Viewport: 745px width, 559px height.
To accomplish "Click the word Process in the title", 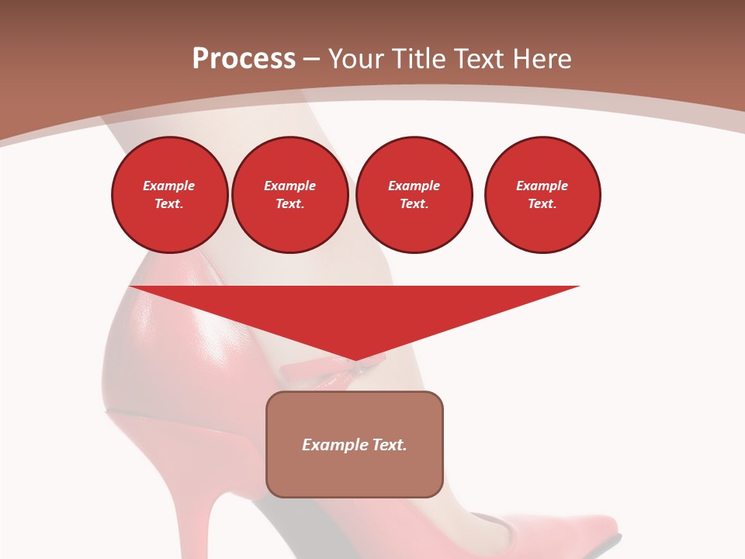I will click(x=244, y=59).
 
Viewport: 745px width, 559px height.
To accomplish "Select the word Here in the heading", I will click(x=541, y=59).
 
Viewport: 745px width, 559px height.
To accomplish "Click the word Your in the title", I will click(x=358, y=59).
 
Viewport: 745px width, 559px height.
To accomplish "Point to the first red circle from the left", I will click(x=169, y=195).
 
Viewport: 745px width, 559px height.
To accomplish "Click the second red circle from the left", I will click(x=289, y=195).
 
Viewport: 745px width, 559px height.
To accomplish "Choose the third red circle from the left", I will click(x=414, y=195).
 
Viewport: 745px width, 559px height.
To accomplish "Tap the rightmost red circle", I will click(x=542, y=195).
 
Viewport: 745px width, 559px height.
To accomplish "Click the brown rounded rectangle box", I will click(x=355, y=466).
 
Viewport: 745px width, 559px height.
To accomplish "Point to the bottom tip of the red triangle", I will click(x=355, y=359).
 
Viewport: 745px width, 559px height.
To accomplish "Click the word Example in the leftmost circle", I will click(x=169, y=186).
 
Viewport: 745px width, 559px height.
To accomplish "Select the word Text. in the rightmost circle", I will click(x=542, y=204).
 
